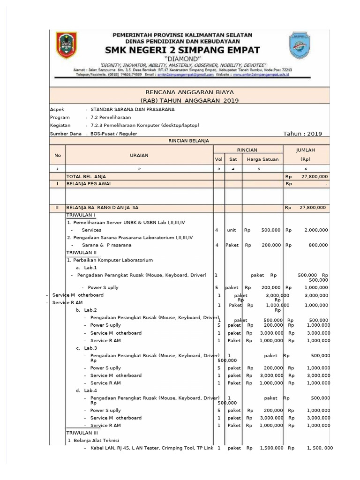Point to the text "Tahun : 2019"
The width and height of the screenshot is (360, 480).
pyautogui.click(x=302, y=134)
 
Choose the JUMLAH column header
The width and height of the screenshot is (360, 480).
pyautogui.click(x=306, y=150)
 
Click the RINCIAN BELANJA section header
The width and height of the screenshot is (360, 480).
pyautogui.click(x=189, y=141)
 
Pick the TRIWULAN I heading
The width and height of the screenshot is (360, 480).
pyautogui.click(x=81, y=215)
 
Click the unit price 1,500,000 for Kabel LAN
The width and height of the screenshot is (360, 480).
pyautogui.click(x=270, y=448)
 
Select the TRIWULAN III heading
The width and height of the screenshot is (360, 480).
pyautogui.click(x=82, y=433)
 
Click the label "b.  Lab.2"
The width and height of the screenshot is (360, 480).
pyautogui.click(x=86, y=310)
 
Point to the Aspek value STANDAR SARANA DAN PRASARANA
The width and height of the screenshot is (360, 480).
pyautogui.click(x=132, y=109)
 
